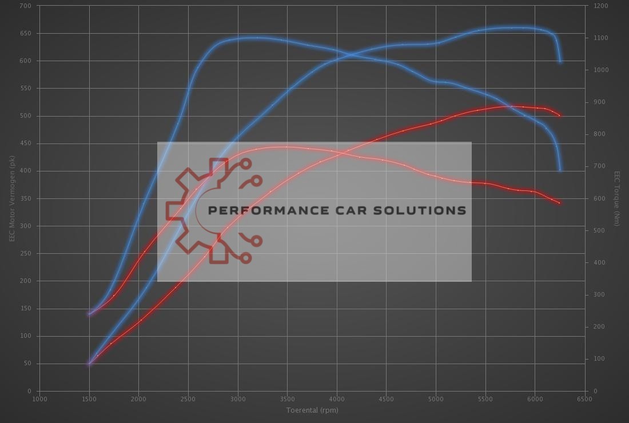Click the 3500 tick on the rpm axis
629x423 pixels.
click(287, 398)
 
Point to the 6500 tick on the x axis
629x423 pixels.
click(584, 398)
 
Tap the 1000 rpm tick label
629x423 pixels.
click(39, 398)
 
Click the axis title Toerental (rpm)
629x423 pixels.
click(312, 410)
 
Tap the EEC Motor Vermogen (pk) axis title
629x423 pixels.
click(11, 198)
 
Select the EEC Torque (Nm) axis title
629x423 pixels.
click(617, 198)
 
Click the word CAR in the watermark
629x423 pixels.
click(351, 210)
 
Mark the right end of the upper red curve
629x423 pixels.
click(560, 115)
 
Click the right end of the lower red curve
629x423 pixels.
click(560, 203)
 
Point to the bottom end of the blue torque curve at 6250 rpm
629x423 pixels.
click(560, 170)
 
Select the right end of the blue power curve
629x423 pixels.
click(561, 62)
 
